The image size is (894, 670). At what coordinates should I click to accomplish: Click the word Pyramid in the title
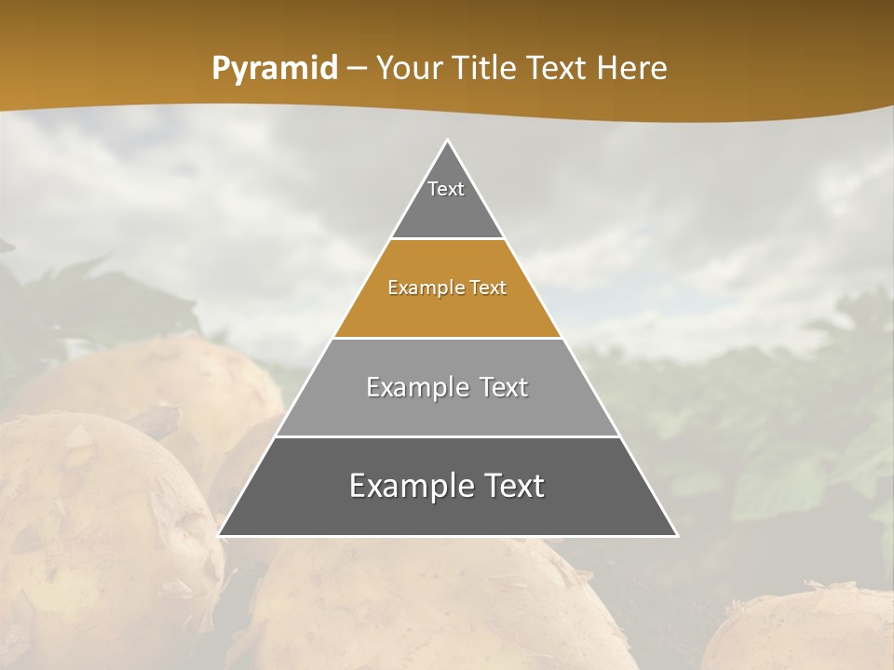275,69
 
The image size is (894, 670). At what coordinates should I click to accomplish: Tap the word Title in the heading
488,69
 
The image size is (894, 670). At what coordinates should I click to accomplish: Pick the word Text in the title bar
559,69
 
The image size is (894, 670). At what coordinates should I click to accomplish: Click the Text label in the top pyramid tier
446,189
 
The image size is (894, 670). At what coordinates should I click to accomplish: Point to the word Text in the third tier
504,387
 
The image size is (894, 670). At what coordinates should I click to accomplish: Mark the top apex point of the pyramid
448,140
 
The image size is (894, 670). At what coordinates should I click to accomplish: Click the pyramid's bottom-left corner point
219,535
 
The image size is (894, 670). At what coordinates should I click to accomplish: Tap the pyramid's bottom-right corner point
677,535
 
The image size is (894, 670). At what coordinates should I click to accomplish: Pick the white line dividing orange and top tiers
448,239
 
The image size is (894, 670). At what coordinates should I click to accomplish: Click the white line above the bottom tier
448,436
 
